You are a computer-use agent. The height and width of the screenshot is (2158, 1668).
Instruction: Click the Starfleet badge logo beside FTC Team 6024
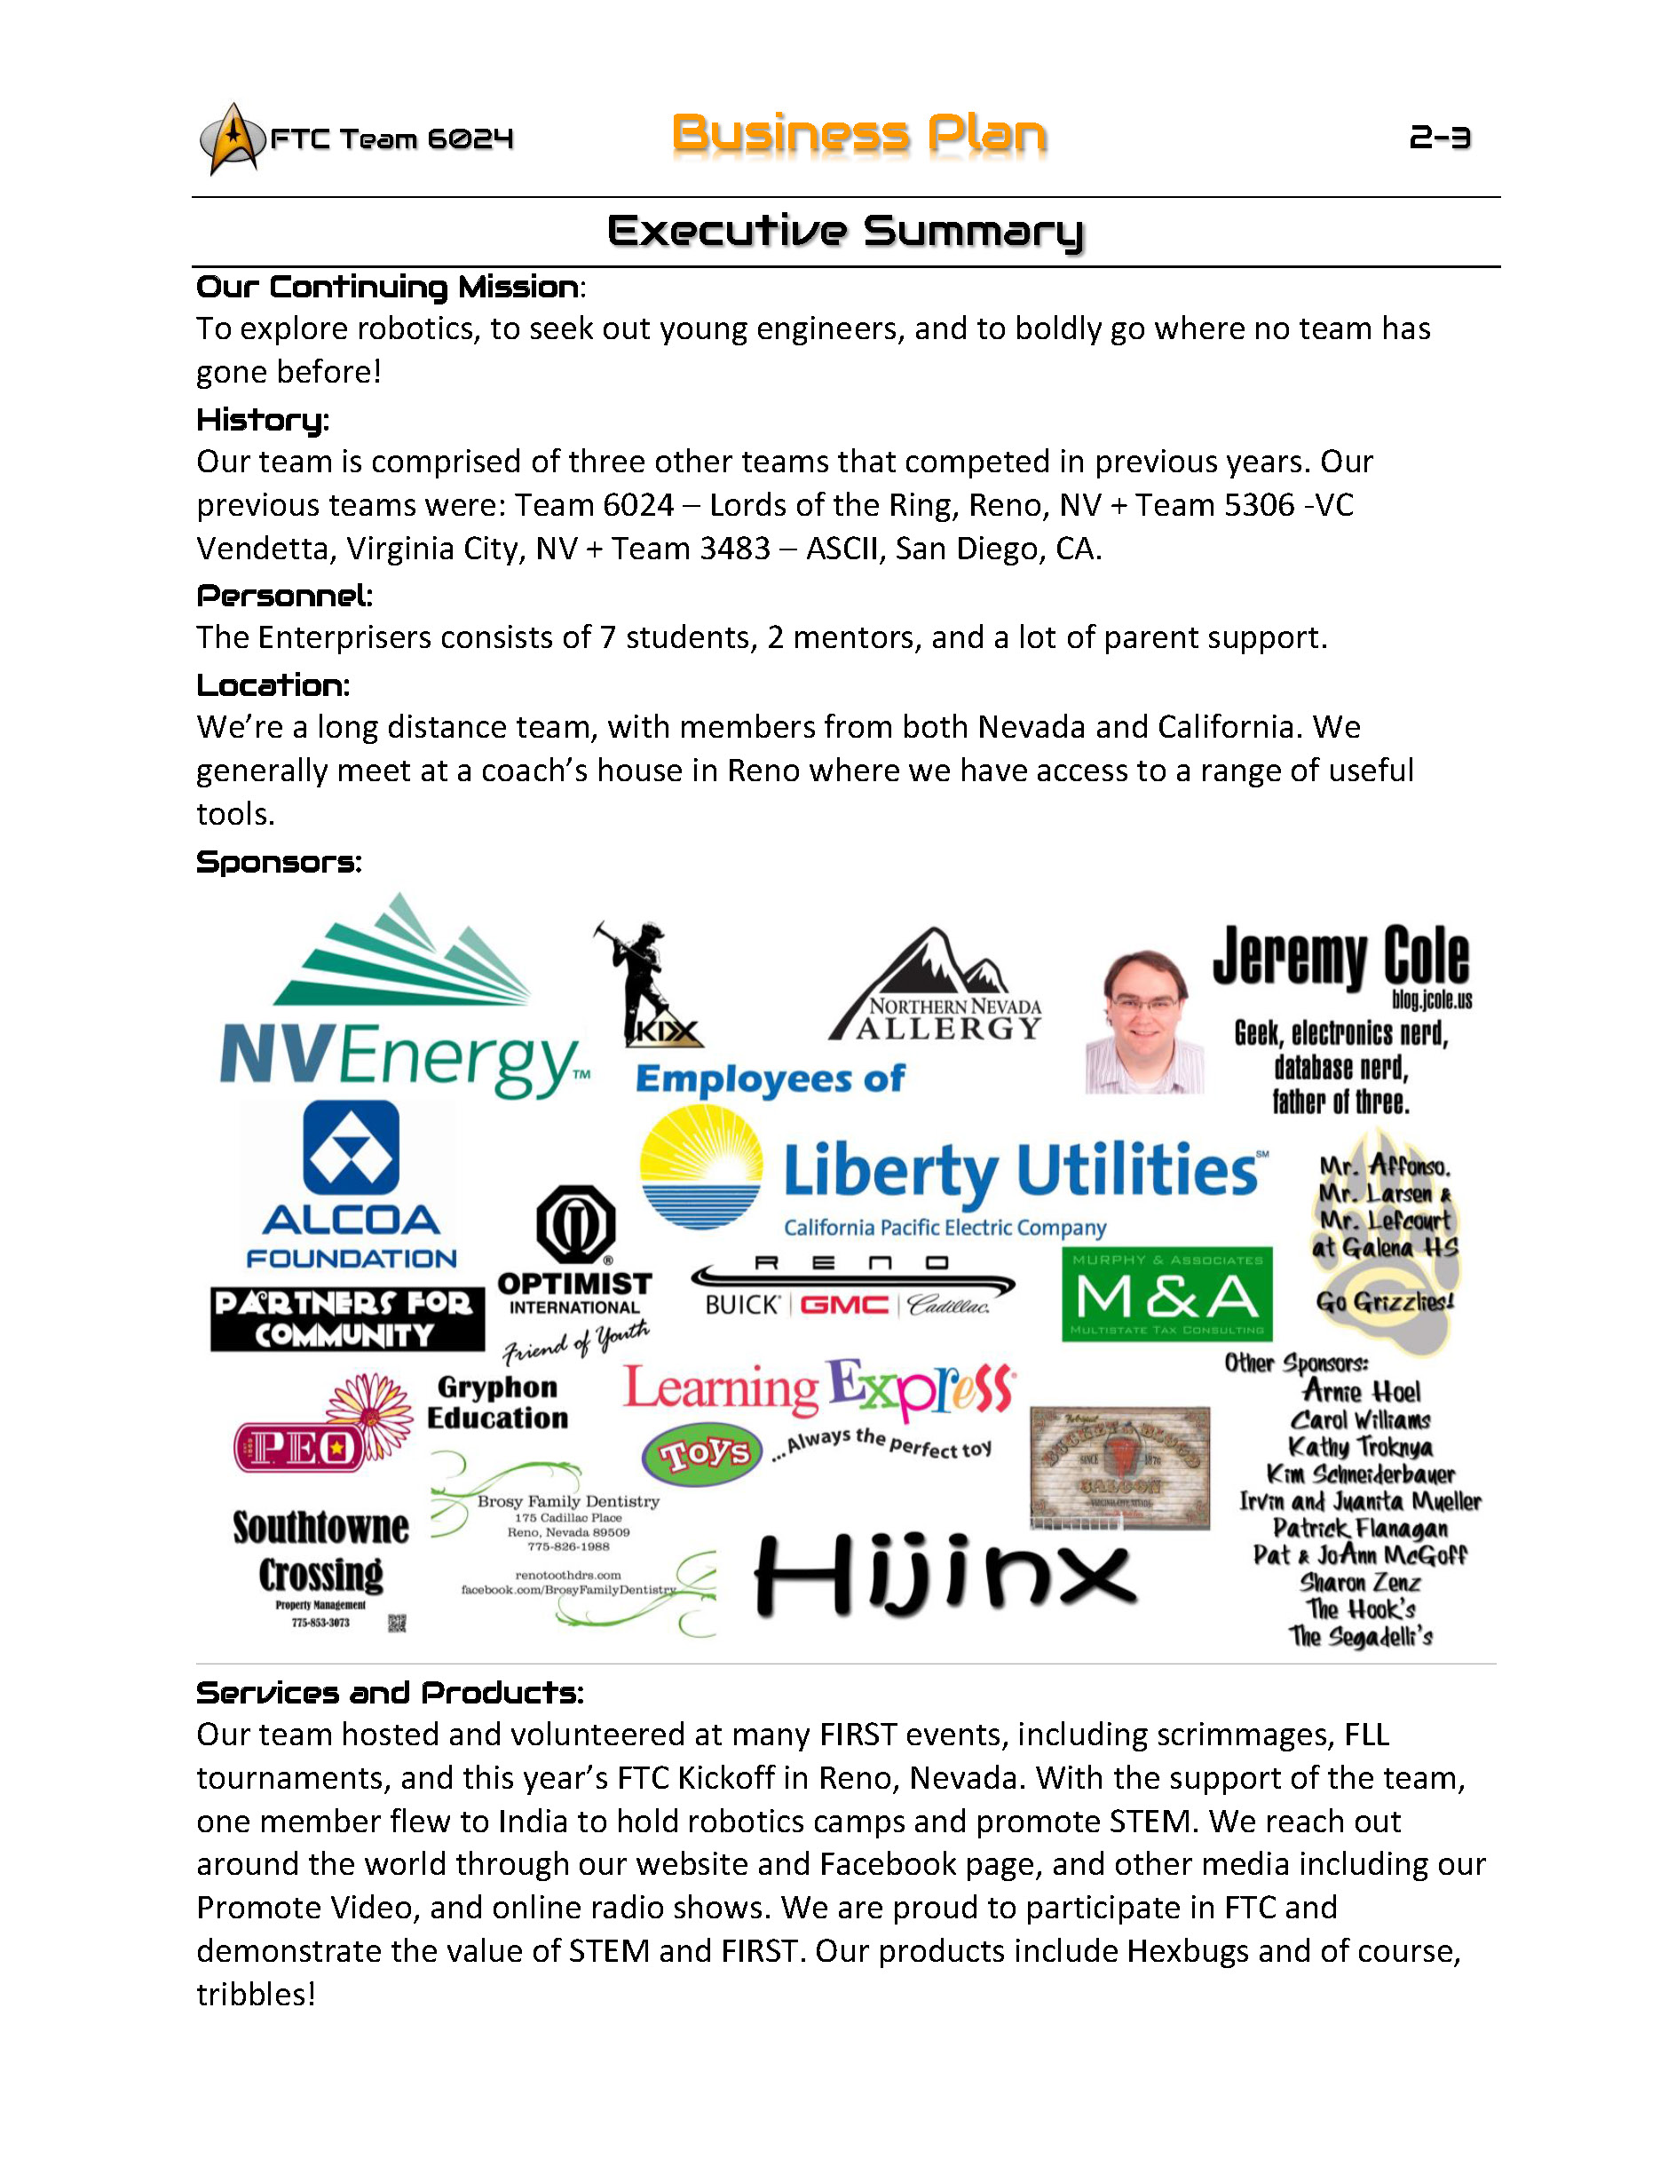click(x=233, y=139)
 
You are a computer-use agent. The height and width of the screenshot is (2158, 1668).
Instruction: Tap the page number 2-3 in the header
click(x=1439, y=138)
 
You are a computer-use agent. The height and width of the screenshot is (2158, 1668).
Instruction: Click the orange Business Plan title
click(x=858, y=134)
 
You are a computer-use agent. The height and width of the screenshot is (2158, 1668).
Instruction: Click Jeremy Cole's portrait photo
click(x=1144, y=1023)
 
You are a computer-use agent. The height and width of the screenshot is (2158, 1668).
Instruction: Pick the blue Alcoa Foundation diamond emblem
click(x=351, y=1148)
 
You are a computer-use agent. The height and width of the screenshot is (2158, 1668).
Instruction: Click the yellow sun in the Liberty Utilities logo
click(x=700, y=1166)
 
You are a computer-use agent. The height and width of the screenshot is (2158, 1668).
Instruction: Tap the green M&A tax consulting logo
click(x=1167, y=1294)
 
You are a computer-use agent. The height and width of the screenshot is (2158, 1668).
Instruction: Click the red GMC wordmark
click(x=843, y=1305)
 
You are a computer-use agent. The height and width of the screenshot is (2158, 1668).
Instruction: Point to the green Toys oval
click(x=702, y=1453)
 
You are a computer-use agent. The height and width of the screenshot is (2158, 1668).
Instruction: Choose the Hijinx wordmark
click(x=945, y=1575)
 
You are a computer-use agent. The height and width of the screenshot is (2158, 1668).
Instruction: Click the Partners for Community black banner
click(x=347, y=1319)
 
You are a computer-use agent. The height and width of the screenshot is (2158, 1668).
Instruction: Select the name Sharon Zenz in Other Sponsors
click(x=1360, y=1583)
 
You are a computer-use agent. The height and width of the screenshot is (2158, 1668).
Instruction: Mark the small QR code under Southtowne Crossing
click(x=396, y=1623)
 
